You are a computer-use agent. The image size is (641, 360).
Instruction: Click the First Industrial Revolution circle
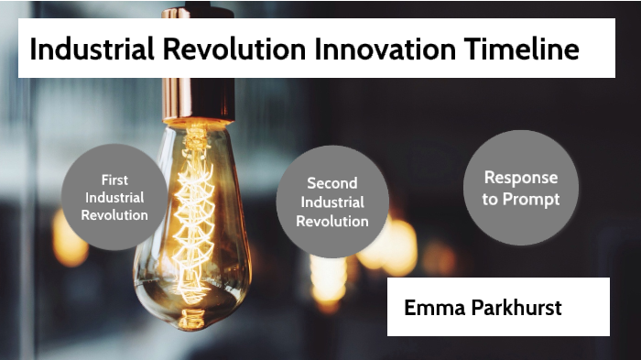tap(114, 197)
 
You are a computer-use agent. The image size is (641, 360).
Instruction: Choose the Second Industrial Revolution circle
tap(332, 202)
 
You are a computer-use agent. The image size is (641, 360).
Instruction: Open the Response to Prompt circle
tap(521, 188)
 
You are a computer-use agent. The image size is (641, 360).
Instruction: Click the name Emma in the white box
tap(433, 307)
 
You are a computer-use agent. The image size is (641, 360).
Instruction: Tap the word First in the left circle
tap(114, 180)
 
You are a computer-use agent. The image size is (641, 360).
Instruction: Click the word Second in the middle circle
tap(332, 183)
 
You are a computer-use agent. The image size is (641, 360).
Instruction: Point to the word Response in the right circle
tap(521, 178)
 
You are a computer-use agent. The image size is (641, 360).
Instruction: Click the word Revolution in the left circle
tap(114, 215)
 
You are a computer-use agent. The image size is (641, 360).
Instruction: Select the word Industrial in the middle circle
tap(332, 202)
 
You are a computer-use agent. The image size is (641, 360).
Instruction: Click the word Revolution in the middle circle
tap(332, 221)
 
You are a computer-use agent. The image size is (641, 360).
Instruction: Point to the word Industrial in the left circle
tap(114, 197)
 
